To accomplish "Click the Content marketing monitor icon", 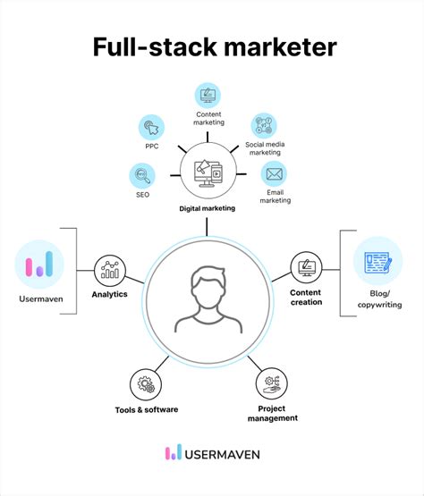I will pos(208,94).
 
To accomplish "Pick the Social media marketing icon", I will pos(264,126).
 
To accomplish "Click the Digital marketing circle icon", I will pos(208,172).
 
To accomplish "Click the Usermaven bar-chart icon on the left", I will pos(39,265).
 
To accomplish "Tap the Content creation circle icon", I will pos(306,267).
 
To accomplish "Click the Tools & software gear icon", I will pos(146,384).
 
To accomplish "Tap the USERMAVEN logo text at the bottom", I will pos(222,454).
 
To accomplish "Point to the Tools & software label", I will pos(146,409).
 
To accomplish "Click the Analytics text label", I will pos(109,294).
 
